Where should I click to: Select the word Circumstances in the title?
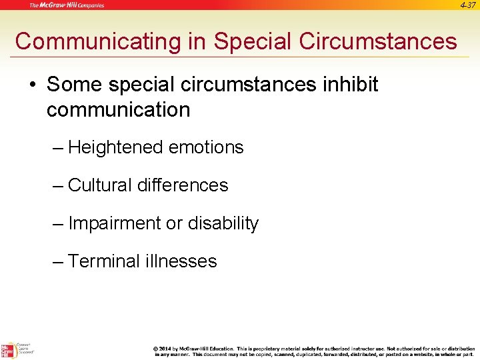tap(379, 41)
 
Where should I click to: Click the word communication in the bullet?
tap(118, 109)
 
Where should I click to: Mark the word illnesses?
tap(181, 261)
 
